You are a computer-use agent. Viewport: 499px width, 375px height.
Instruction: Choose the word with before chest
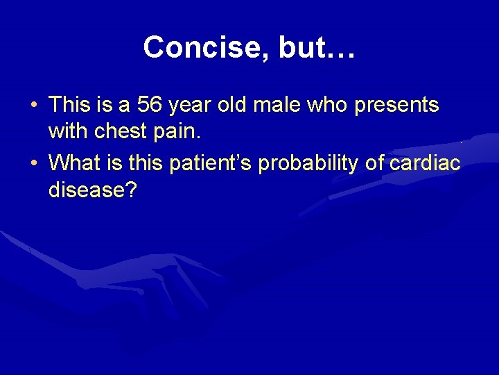click(x=69, y=131)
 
